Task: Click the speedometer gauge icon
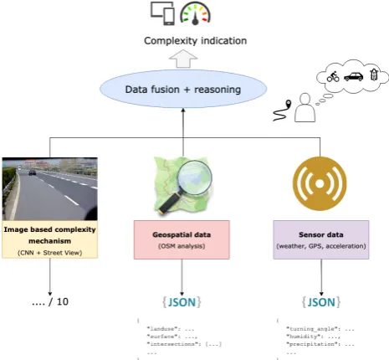(195, 13)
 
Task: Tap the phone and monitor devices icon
(163, 13)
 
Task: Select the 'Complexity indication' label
(195, 41)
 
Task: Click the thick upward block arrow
(183, 59)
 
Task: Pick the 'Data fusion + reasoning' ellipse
(183, 89)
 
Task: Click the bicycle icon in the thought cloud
(333, 76)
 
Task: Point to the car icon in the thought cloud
(354, 76)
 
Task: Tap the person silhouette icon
(305, 107)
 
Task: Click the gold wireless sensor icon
(320, 183)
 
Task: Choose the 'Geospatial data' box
(182, 239)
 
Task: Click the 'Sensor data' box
(321, 239)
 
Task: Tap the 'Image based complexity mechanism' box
(50, 239)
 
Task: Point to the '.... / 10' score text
(50, 301)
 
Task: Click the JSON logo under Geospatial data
(182, 302)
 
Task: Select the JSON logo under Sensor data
(321, 302)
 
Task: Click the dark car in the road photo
(33, 172)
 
